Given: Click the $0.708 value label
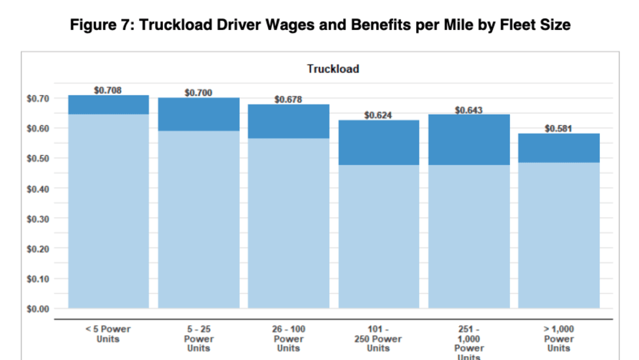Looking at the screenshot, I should tap(108, 91).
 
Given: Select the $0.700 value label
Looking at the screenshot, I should tap(198, 93).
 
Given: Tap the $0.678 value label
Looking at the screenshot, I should tap(288, 100).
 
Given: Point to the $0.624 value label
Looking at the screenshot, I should tap(378, 115).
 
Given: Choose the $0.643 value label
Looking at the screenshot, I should tap(468, 110).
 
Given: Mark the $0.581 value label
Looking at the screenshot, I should tap(558, 128).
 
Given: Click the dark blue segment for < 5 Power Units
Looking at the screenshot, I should tap(108, 105).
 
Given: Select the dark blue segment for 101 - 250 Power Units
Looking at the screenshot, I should tap(378, 143).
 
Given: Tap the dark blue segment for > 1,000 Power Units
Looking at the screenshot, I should tap(559, 148).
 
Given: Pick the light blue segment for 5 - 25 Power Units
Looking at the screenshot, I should tap(199, 219).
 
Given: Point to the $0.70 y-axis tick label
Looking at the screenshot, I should tap(38, 98).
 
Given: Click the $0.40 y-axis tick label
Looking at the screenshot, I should tap(38, 188).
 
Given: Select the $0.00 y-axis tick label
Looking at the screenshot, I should tap(38, 309).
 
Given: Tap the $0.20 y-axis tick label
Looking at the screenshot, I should tap(38, 249).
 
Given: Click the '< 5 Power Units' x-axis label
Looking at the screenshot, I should tap(108, 334).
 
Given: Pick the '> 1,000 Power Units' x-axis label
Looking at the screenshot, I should tap(559, 338).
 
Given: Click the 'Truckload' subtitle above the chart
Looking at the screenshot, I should tap(333, 68).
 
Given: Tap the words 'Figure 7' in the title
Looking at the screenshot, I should tap(104, 25).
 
